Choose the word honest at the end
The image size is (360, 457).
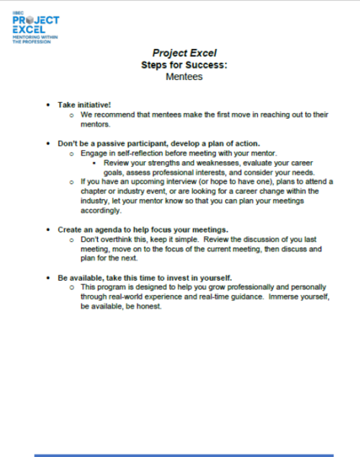point(150,305)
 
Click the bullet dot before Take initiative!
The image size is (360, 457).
point(48,104)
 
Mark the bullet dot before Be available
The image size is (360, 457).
point(48,277)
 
